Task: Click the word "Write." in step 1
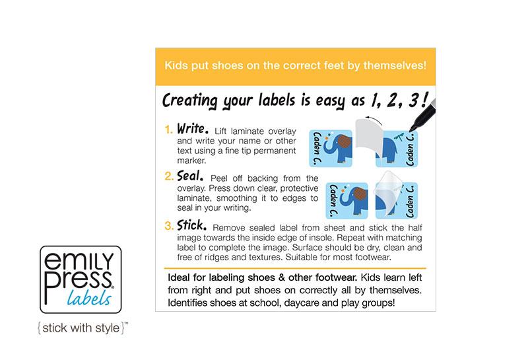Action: (x=193, y=128)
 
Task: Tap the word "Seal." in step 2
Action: (x=190, y=176)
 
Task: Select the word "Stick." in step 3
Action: (x=192, y=225)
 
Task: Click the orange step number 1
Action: (x=168, y=129)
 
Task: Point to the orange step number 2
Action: (x=169, y=176)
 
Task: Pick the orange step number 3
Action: (x=169, y=225)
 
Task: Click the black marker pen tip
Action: (x=411, y=129)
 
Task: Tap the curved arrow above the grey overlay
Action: (x=374, y=119)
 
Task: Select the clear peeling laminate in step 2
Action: (x=388, y=193)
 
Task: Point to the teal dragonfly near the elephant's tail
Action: (x=399, y=137)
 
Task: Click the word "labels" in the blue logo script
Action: (x=89, y=298)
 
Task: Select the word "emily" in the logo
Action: (x=79, y=260)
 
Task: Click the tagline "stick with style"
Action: (x=81, y=328)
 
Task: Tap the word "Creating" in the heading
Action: (x=190, y=101)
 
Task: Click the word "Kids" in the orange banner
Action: (x=176, y=65)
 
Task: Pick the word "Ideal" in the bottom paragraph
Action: (x=179, y=277)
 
